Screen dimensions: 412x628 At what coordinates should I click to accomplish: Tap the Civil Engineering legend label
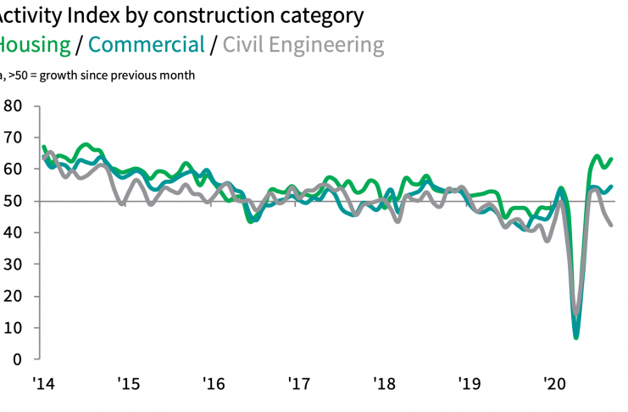coord(303,45)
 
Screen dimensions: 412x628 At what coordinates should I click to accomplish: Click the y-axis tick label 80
coord(13,107)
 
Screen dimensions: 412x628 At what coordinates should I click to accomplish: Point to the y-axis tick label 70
coord(13,138)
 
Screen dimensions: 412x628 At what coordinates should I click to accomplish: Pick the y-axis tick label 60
coord(13,170)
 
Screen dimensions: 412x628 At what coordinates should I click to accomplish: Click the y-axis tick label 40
coord(13,233)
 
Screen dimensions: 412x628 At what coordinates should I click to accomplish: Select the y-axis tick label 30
coord(13,264)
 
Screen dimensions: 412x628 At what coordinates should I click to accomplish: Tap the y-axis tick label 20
coord(13,296)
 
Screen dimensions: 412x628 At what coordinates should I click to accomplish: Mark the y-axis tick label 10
coord(13,328)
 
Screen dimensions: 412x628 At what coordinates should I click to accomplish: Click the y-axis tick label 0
coord(17,359)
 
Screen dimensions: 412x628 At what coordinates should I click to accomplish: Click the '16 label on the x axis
coord(214,383)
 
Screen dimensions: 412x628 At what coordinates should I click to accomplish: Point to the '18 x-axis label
coord(384,383)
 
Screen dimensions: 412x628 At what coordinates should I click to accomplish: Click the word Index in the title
coord(89,15)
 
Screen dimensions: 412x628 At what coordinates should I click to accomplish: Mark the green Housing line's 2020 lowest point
coord(576,337)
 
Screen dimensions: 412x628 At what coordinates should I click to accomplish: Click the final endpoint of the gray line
coord(612,225)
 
